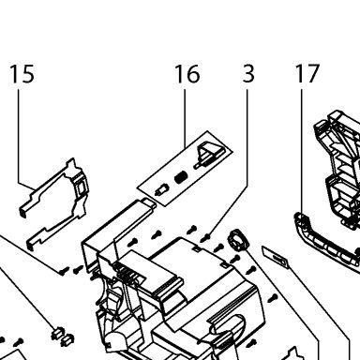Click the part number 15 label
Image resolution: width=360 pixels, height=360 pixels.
(22, 74)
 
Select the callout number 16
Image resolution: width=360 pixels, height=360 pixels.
(187, 74)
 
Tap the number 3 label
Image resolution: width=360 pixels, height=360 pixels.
(248, 74)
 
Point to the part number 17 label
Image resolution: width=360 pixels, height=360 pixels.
(307, 74)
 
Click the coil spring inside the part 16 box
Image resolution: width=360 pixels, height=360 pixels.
(181, 177)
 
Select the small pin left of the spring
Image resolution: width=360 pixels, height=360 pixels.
(161, 189)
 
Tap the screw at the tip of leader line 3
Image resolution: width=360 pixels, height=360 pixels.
(205, 238)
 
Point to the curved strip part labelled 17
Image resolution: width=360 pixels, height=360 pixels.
(325, 242)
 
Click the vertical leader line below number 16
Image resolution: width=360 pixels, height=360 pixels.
(185, 118)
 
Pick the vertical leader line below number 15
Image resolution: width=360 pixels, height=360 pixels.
(18, 136)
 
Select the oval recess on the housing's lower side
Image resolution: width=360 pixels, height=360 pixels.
(232, 328)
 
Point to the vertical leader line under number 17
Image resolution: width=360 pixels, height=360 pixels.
(302, 151)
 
